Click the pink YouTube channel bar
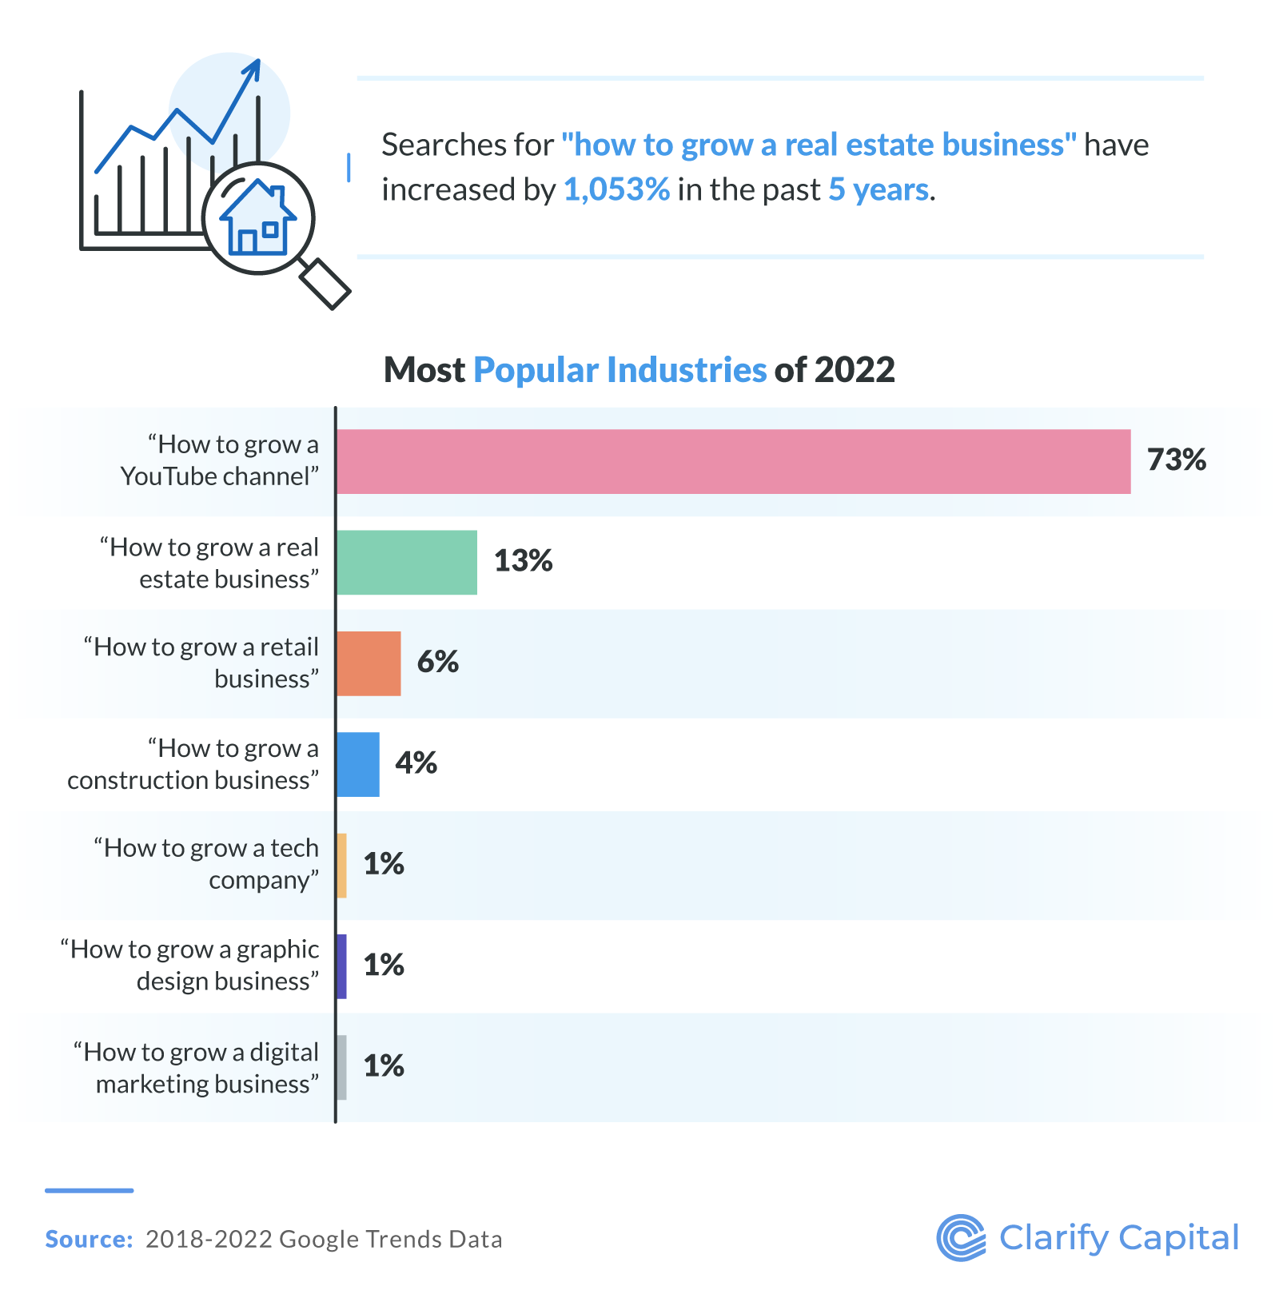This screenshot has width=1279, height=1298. click(733, 461)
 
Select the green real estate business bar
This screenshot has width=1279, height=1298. click(406, 562)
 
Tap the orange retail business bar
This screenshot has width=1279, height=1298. click(368, 663)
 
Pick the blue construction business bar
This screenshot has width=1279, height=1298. click(357, 764)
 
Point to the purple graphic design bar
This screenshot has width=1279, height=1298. click(341, 966)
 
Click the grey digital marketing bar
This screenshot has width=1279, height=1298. click(341, 1067)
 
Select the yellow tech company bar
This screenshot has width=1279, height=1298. click(341, 865)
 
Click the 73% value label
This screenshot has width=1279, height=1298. click(1176, 460)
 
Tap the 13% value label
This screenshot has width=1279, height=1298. click(523, 561)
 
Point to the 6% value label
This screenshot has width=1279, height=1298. click(437, 662)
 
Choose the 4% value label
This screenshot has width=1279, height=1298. click(416, 763)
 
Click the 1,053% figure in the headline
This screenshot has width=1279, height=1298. click(616, 190)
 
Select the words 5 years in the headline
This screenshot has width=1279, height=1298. click(879, 190)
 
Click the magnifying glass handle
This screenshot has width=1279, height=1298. click(325, 284)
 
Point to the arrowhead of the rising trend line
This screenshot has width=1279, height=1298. click(254, 66)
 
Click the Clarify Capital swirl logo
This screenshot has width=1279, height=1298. click(961, 1238)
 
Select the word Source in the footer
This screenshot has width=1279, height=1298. click(88, 1240)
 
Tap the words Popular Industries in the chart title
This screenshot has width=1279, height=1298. click(620, 370)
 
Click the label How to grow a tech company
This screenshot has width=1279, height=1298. click(206, 864)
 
